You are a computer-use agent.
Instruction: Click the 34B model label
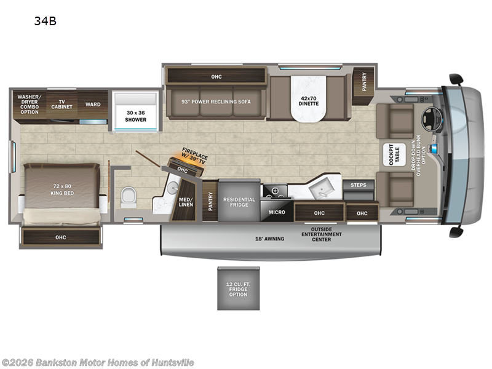tap(45, 21)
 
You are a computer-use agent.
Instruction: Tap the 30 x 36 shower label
tap(135, 116)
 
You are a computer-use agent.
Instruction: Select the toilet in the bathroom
tap(129, 197)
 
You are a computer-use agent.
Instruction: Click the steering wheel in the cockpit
tap(432, 119)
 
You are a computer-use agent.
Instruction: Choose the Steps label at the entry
tap(359, 185)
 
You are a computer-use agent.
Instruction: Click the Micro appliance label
tap(276, 212)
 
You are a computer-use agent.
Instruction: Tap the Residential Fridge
tap(239, 201)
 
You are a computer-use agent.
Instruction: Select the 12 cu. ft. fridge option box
tap(239, 288)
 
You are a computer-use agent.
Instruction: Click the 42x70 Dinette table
tap(309, 98)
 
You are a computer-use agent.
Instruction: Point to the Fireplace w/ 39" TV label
tap(194, 156)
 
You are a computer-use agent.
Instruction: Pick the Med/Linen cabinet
tap(185, 201)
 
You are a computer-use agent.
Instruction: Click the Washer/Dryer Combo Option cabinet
tap(30, 105)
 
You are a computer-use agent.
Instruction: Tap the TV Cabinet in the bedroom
tap(62, 105)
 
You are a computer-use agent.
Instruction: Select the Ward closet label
tap(93, 105)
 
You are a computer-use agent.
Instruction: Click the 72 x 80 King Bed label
tap(62, 190)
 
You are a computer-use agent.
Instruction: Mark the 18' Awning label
tap(269, 239)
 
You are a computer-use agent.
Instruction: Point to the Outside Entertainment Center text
tap(322, 234)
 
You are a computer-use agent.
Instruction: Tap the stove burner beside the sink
tap(276, 191)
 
